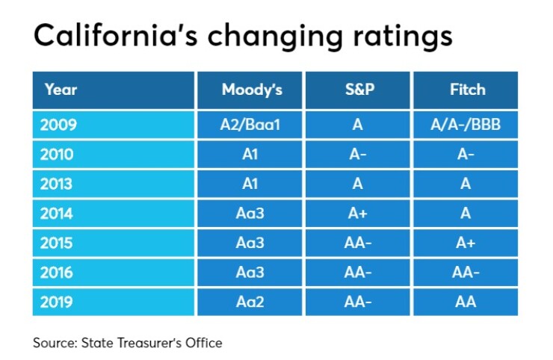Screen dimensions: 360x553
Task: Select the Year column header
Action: point(61,90)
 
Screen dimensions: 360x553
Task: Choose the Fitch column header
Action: point(466,90)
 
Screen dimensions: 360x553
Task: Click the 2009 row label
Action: point(61,124)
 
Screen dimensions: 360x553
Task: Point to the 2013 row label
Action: point(61,184)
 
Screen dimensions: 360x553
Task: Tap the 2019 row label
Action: point(61,302)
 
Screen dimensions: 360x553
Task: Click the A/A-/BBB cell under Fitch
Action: point(466,124)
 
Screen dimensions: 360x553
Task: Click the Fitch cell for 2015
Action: point(466,243)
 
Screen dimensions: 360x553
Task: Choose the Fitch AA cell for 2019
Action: point(466,302)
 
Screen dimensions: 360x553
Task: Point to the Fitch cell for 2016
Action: point(466,273)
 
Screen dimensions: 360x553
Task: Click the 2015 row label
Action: point(61,243)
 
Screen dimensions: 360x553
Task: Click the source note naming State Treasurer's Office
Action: point(128,343)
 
